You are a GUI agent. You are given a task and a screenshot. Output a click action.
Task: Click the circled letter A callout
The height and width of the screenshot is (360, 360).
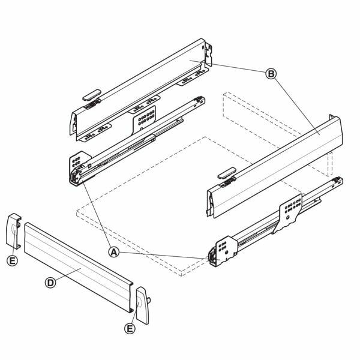(114, 252)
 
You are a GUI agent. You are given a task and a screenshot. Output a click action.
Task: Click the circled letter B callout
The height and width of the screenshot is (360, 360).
(271, 74)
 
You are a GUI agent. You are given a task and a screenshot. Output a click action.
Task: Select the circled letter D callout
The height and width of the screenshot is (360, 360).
(50, 283)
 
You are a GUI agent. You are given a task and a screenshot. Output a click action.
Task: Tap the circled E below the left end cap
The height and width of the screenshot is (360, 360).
(12, 260)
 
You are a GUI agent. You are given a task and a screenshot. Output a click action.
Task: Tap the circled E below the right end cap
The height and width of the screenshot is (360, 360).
(130, 329)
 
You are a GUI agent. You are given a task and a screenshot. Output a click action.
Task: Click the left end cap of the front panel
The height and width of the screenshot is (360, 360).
(13, 231)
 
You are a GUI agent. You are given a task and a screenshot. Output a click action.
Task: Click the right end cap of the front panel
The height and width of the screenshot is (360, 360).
(143, 305)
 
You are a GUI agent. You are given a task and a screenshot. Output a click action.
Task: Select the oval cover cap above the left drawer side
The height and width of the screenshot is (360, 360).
(92, 95)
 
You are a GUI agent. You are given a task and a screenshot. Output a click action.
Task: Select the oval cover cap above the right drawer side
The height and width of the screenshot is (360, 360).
(227, 173)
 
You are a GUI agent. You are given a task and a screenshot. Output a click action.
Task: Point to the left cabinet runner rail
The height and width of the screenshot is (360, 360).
(137, 141)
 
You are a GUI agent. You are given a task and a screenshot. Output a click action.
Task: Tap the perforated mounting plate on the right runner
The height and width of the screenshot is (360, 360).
(290, 212)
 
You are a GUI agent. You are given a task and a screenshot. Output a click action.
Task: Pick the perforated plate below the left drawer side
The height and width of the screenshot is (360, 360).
(144, 119)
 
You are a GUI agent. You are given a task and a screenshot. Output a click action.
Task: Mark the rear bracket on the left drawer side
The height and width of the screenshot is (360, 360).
(208, 55)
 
